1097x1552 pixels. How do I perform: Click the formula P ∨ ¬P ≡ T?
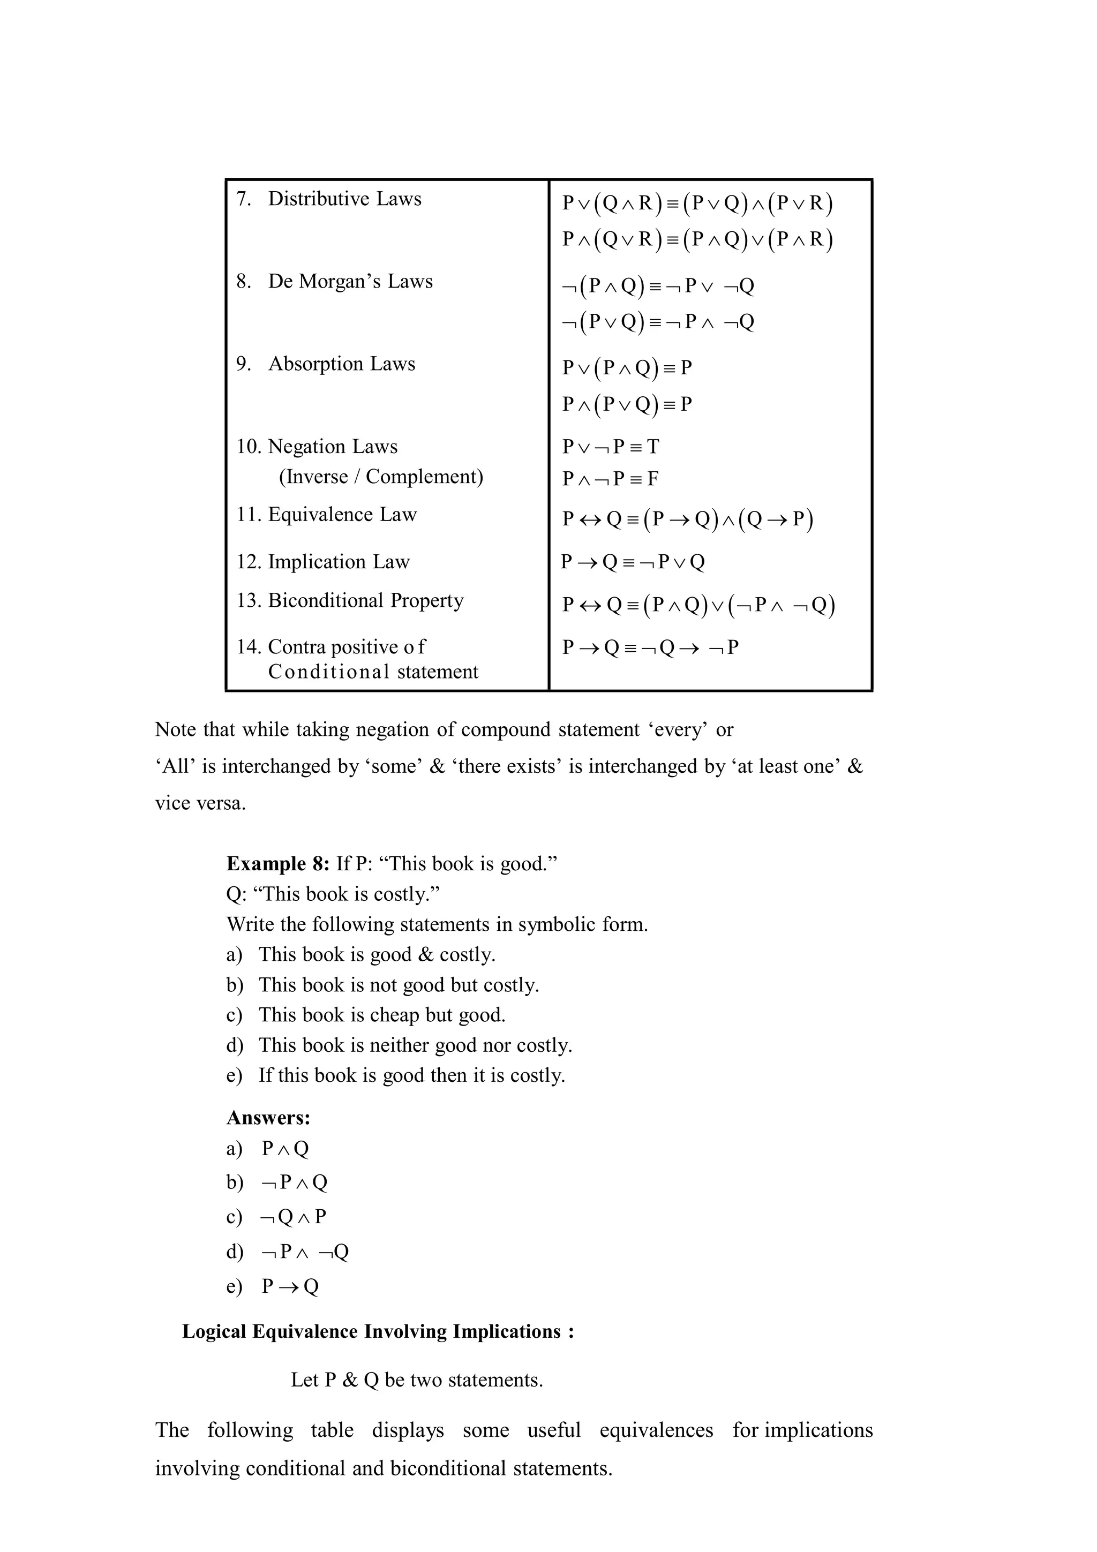(610, 447)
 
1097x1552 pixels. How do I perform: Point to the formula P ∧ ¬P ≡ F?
(610, 479)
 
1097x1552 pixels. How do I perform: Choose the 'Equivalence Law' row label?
(342, 515)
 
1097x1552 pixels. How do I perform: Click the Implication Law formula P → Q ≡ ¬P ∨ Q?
(633, 562)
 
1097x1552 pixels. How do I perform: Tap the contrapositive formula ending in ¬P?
(650, 647)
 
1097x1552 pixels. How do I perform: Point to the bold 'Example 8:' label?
(278, 864)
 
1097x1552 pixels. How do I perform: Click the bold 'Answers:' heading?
(268, 1117)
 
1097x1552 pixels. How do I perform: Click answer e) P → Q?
(289, 1286)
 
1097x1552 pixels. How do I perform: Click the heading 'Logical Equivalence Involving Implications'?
(377, 1331)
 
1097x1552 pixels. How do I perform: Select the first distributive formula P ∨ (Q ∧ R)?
(697, 203)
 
